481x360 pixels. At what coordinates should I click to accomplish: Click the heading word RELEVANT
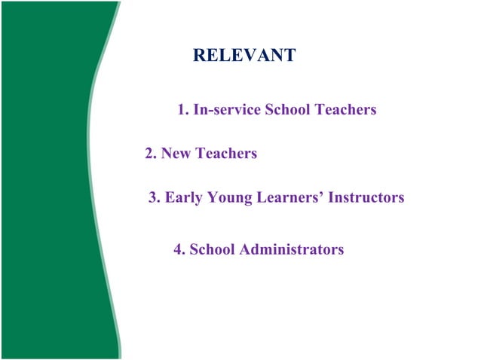click(244, 56)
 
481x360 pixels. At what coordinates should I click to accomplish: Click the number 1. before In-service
click(183, 110)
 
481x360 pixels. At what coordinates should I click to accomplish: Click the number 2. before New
click(151, 154)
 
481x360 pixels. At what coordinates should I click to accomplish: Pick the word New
click(176, 154)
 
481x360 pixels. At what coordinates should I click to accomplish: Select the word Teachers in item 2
click(226, 154)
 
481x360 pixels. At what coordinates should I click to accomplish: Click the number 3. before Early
click(155, 198)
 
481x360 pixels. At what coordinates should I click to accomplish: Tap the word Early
click(183, 198)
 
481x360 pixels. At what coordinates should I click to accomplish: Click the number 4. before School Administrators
click(179, 249)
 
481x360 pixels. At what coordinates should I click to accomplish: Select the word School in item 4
click(212, 249)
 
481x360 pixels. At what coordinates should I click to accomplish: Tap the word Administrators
click(292, 249)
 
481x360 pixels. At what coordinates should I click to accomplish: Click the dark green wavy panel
click(45, 181)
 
